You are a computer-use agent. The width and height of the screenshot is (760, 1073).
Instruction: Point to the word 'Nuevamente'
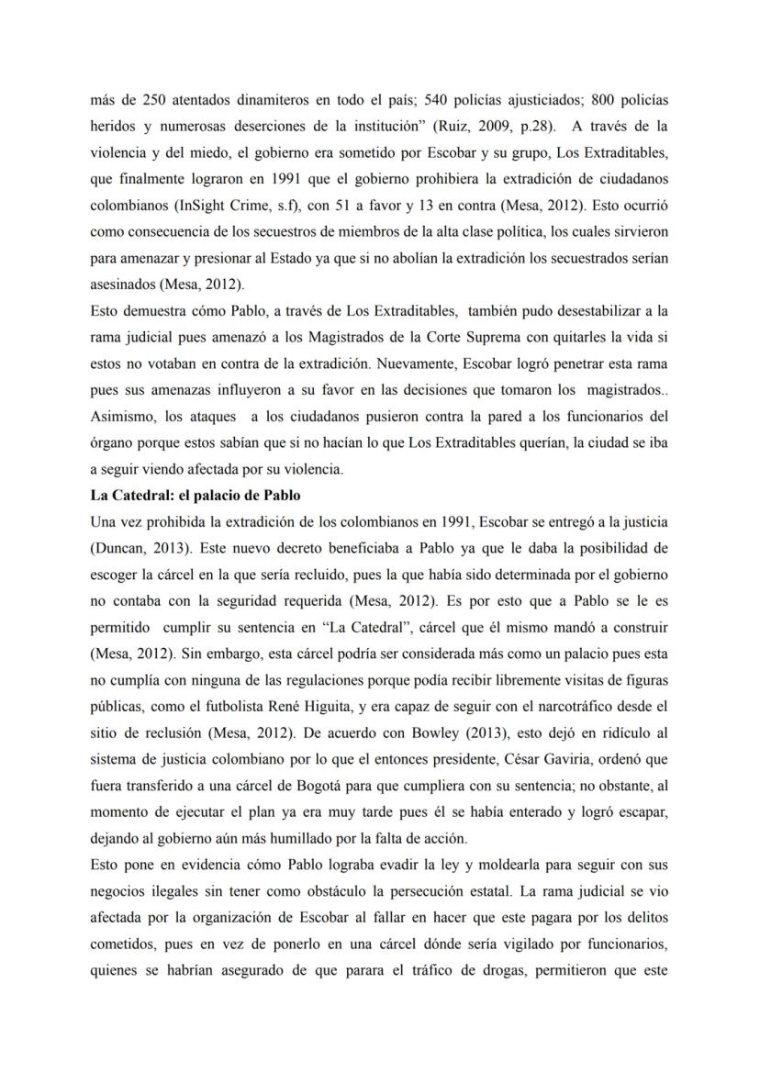(x=399, y=363)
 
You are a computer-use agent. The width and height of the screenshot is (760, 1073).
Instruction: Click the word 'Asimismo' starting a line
(x=125, y=416)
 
